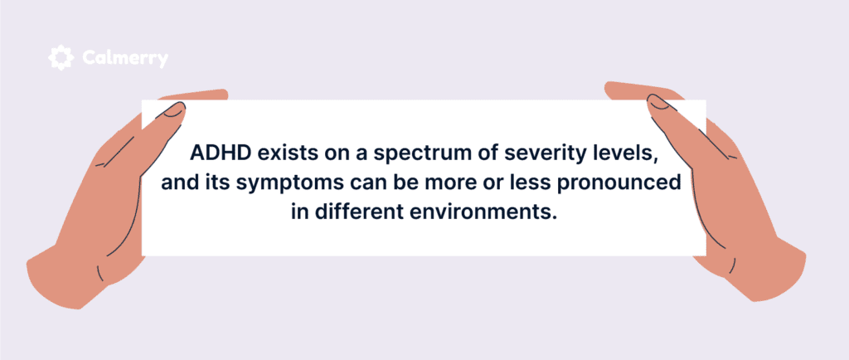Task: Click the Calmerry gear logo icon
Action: (61, 57)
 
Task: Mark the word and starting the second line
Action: (176, 182)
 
